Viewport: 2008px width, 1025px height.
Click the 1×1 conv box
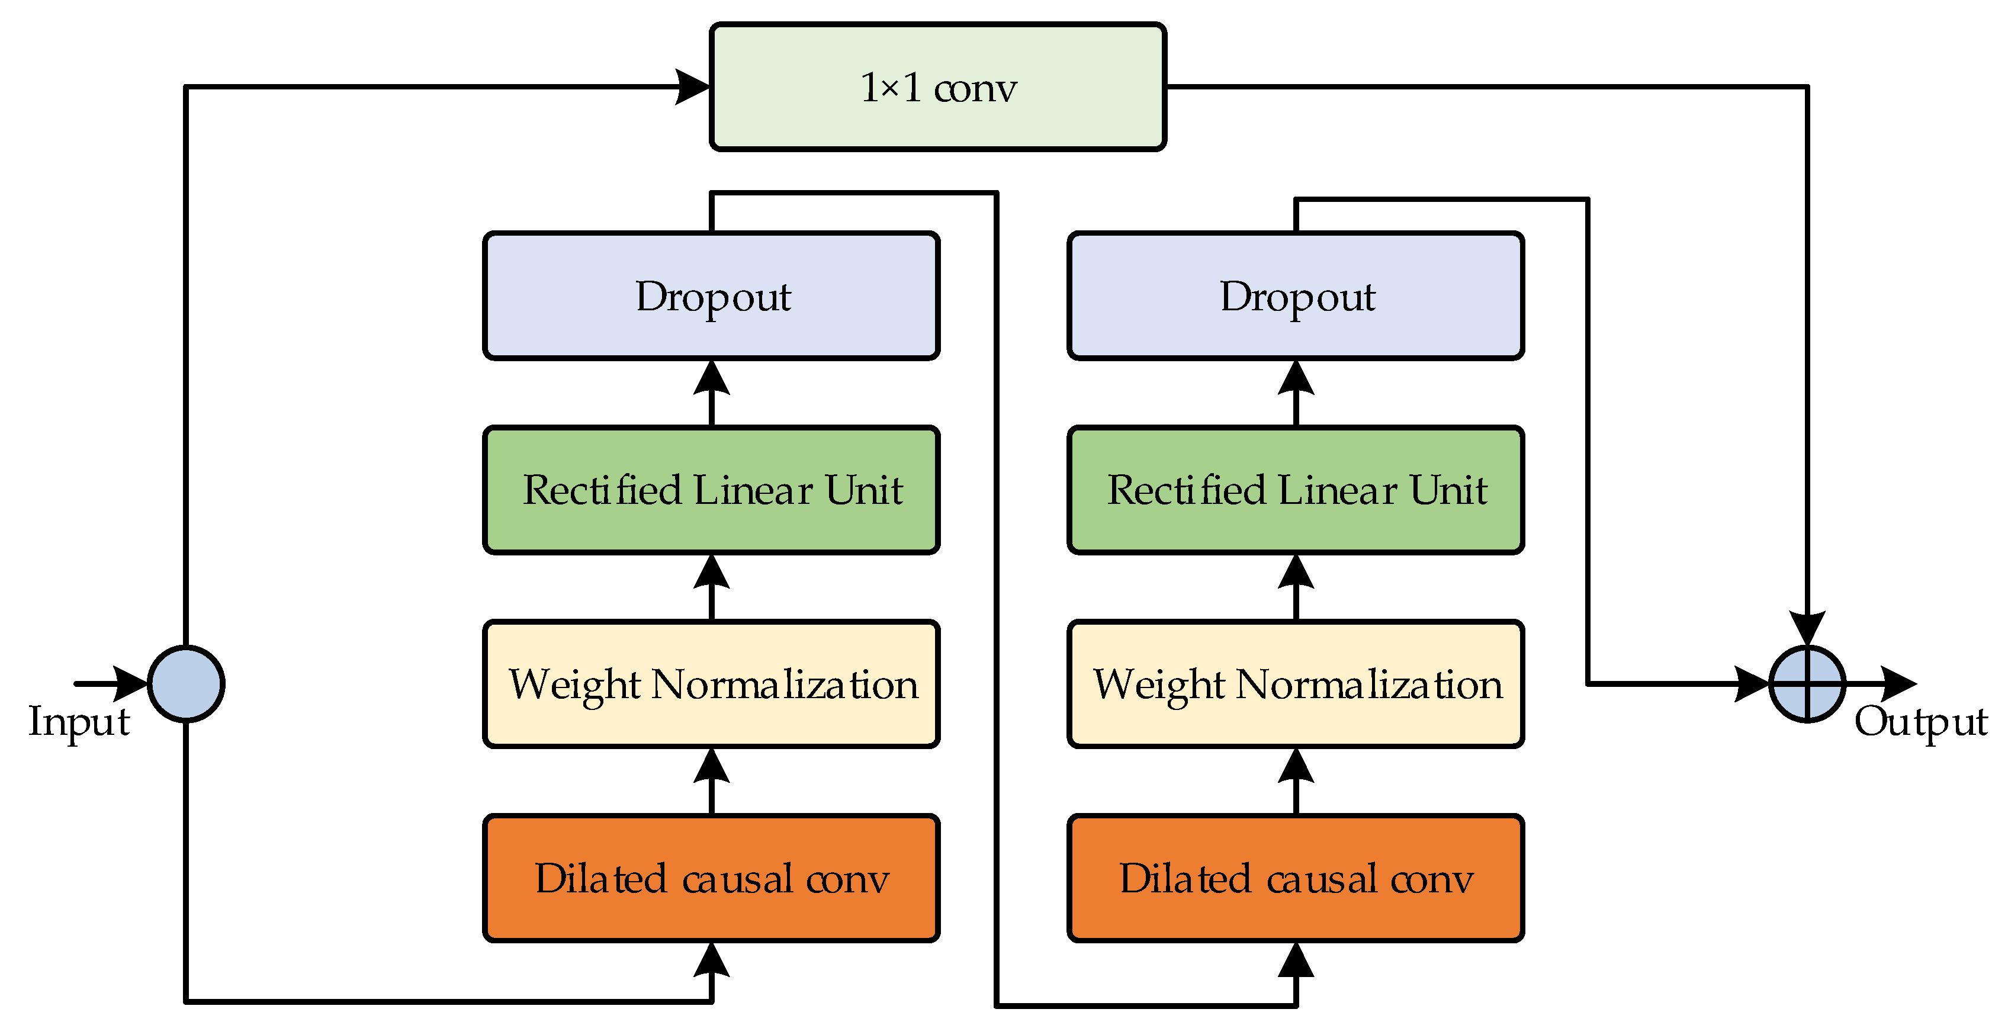[x=938, y=86]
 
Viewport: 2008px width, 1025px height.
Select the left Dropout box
[x=711, y=296]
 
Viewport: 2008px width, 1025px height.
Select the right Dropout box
[x=1296, y=296]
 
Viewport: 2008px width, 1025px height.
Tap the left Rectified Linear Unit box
[x=711, y=490]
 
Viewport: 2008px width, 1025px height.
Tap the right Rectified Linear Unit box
[x=1296, y=490]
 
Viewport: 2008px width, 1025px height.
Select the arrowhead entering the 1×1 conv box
[x=692, y=86]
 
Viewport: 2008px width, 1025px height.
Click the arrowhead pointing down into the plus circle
[x=1807, y=629]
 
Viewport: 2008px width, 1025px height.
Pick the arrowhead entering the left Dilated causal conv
[x=711, y=960]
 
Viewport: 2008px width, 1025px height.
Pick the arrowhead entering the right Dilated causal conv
[x=1296, y=960]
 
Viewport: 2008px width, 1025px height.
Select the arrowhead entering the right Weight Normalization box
[x=1296, y=766]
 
